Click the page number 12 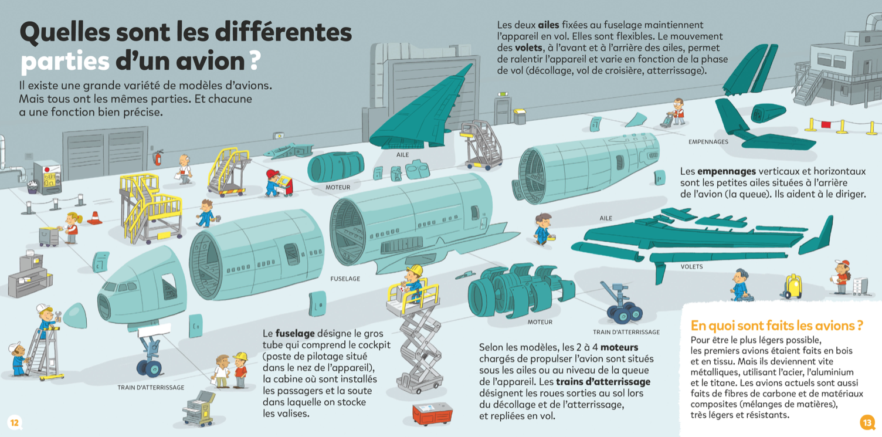(x=14, y=422)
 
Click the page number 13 (x=867, y=422)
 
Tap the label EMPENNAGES (x=708, y=142)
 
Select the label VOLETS (x=691, y=267)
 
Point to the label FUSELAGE (x=345, y=279)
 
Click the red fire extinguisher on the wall (x=158, y=157)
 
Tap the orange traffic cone (x=94, y=218)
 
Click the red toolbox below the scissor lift (x=432, y=414)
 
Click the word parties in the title (x=65, y=61)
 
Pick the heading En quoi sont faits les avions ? (x=776, y=326)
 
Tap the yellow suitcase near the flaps (x=793, y=286)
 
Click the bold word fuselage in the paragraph (x=295, y=333)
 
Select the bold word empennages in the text (x=726, y=171)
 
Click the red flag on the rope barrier (x=826, y=124)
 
